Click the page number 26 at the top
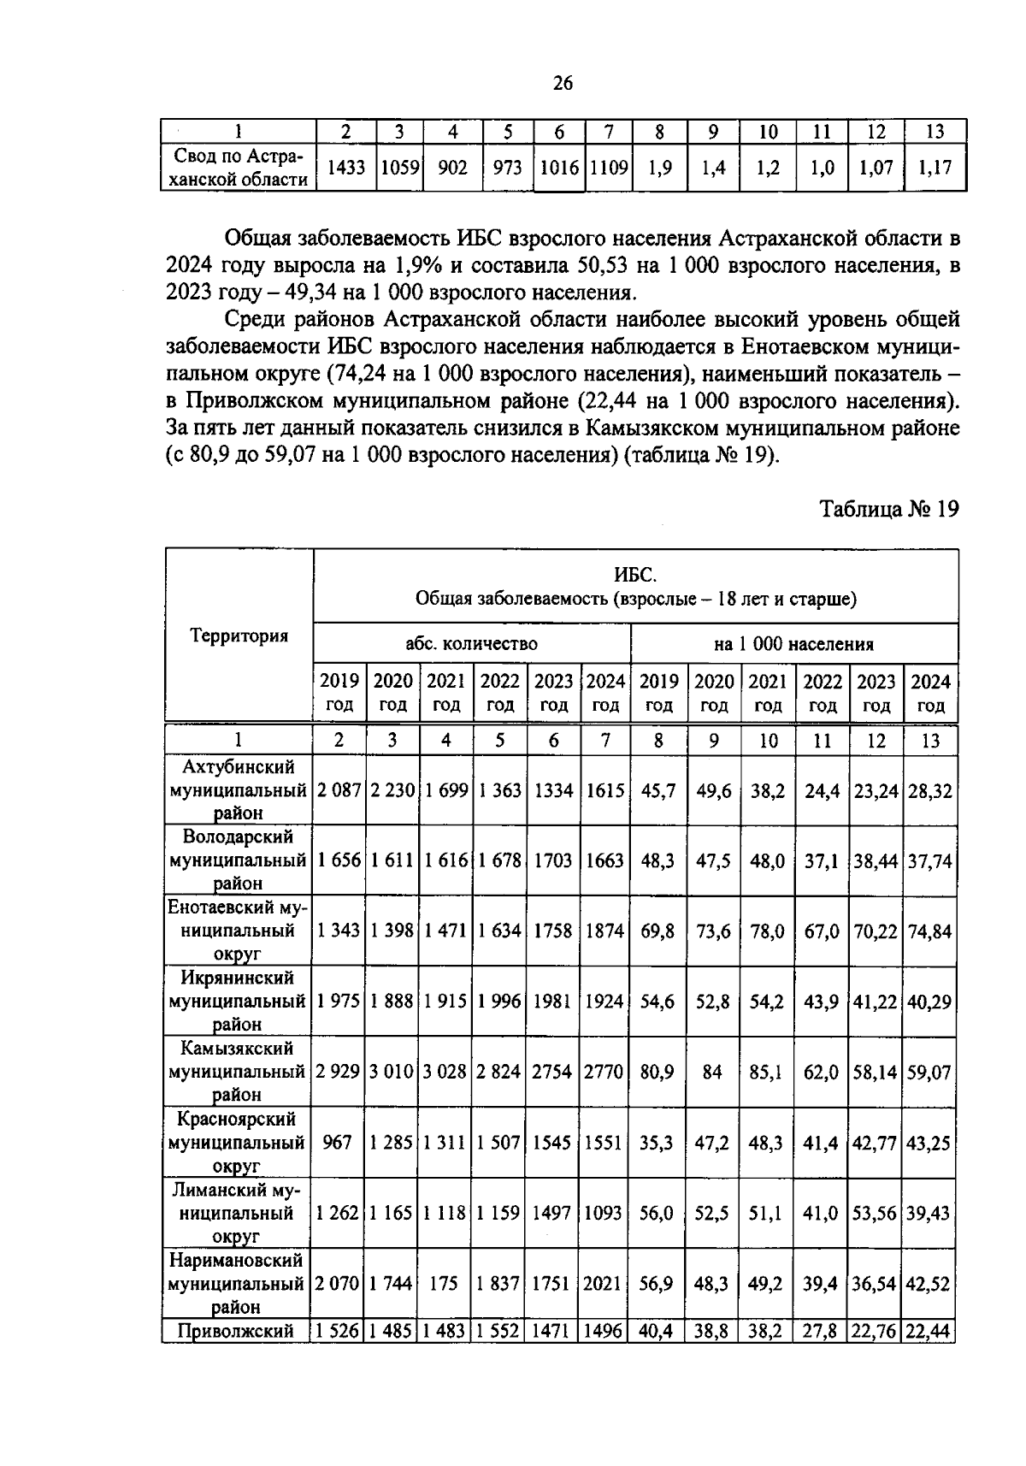(563, 83)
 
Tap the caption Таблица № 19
(889, 509)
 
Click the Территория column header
(239, 635)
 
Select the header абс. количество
(471, 643)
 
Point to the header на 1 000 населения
(793, 643)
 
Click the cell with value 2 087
(339, 791)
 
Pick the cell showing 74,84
(929, 931)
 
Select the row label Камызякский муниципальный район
(237, 1072)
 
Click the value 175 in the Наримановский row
(444, 1284)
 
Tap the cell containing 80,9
(657, 1072)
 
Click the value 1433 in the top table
(345, 168)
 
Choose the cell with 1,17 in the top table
(935, 168)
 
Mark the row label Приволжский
(235, 1331)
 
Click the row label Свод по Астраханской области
(239, 168)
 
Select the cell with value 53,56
(876, 1214)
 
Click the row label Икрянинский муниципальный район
(237, 1001)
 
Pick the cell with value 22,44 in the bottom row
(929, 1331)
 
